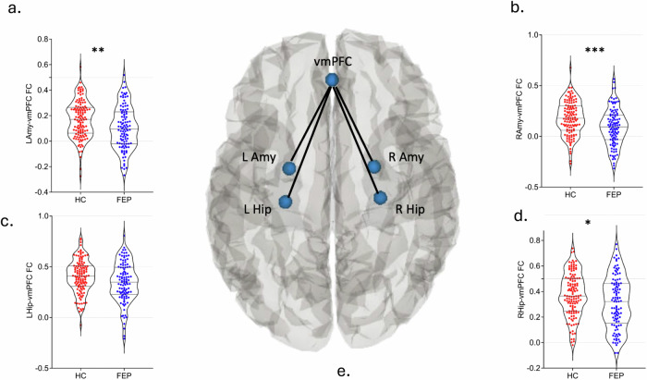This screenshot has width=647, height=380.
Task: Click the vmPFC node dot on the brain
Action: click(332, 80)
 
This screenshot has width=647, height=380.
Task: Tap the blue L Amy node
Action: click(289, 168)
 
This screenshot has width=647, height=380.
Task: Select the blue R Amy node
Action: click(374, 167)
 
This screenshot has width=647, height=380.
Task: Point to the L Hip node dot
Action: click(285, 202)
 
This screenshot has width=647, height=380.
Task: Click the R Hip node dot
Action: click(379, 197)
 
